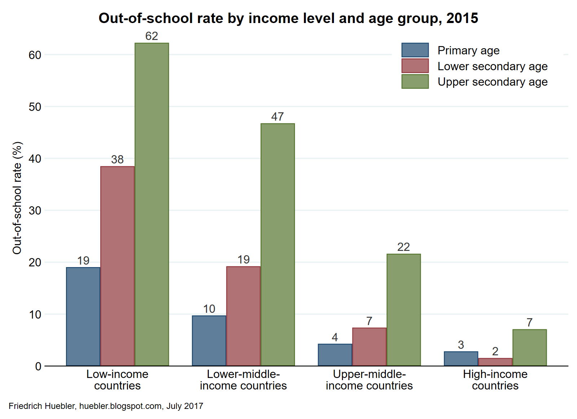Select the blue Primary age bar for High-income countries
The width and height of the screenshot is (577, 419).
click(461, 359)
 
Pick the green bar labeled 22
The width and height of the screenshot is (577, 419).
click(404, 310)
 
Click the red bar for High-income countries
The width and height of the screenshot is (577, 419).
click(495, 362)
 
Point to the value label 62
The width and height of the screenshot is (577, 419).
click(151, 36)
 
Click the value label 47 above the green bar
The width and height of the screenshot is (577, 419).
click(277, 117)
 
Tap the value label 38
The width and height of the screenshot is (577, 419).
click(117, 159)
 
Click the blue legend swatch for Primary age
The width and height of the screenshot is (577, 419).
click(415, 50)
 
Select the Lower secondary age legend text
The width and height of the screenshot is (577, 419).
click(492, 66)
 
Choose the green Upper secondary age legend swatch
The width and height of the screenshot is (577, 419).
click(415, 81)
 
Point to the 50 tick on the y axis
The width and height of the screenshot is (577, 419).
click(35, 107)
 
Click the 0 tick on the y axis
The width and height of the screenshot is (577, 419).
click(38, 366)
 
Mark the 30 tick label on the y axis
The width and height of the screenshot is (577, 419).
click(35, 211)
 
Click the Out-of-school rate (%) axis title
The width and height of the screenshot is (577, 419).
click(17, 198)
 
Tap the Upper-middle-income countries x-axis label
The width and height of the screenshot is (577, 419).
click(369, 380)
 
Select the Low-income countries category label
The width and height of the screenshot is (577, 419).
click(117, 380)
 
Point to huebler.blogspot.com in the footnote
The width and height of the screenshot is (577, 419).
click(120, 406)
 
